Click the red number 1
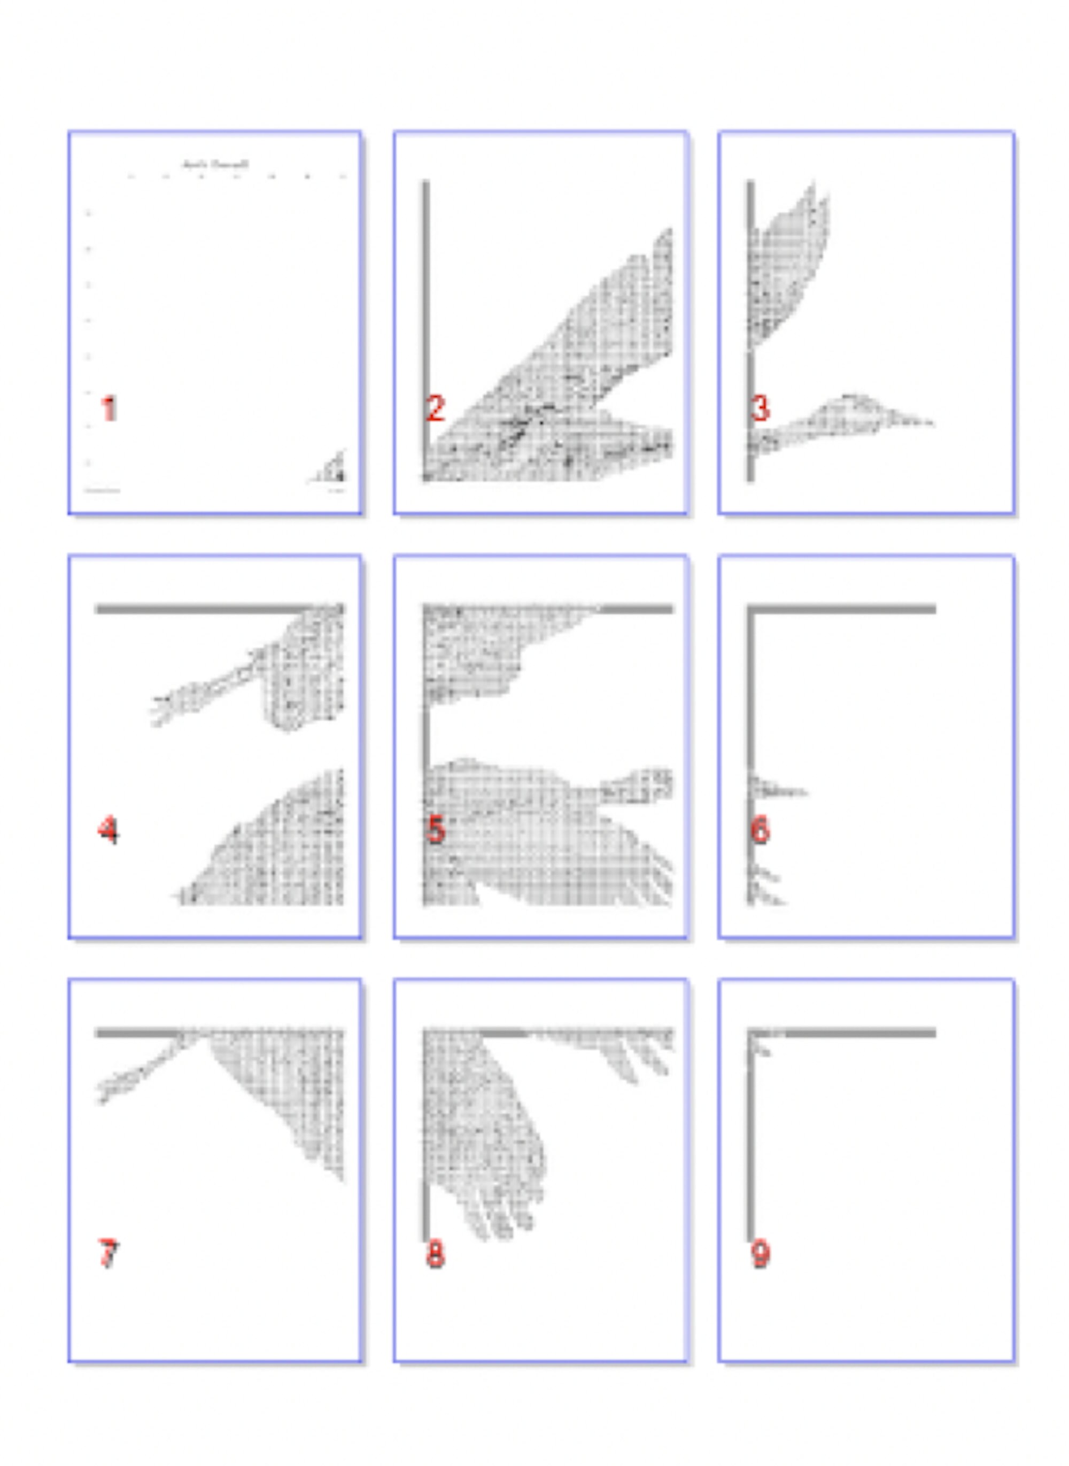pos(109,408)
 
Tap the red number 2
pos(436,408)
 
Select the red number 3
pos(761,408)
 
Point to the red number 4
pos(108,830)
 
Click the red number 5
pos(436,830)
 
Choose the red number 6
pos(761,830)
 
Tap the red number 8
pos(436,1254)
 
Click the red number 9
pos(761,1254)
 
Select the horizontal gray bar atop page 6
pos(841,608)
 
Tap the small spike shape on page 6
pos(780,791)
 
